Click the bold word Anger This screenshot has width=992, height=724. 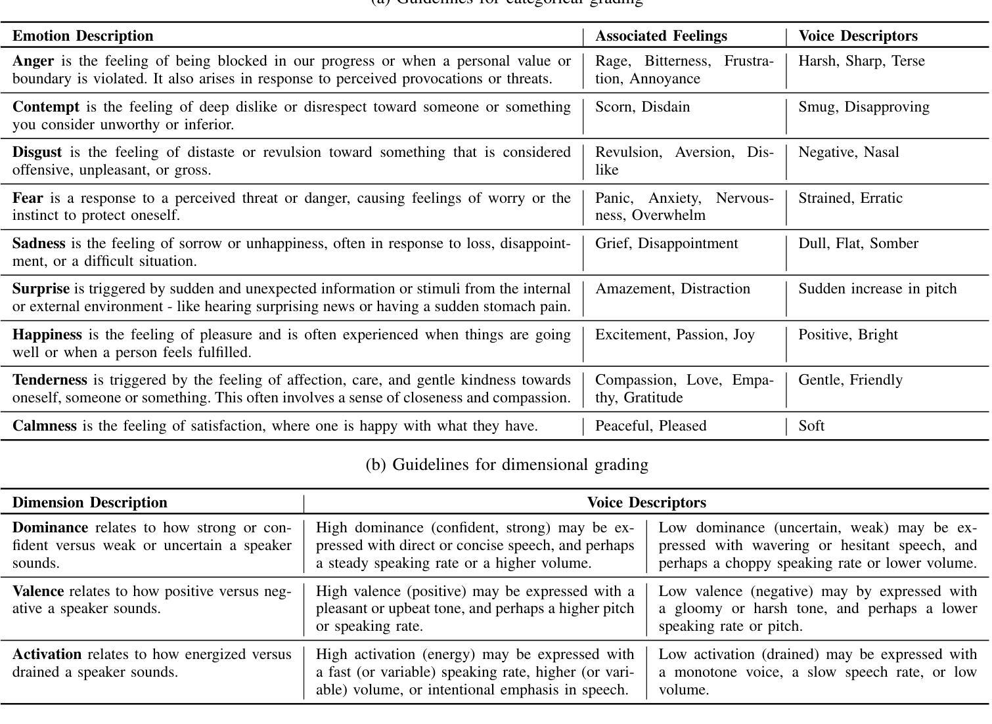[x=33, y=61]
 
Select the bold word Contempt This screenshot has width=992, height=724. [x=45, y=107]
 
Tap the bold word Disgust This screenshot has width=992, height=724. [x=37, y=152]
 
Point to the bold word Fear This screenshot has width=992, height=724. [x=28, y=198]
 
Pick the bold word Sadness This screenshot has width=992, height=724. [x=39, y=244]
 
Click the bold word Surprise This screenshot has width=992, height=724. [x=41, y=289]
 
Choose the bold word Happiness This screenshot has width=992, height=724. [x=47, y=335]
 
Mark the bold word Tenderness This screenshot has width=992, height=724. [x=50, y=380]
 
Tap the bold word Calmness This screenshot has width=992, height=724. [x=45, y=426]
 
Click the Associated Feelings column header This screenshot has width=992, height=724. [x=661, y=36]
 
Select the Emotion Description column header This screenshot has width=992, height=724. [x=83, y=36]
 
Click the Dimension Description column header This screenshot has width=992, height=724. [x=90, y=503]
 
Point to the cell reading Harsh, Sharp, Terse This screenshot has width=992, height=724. [x=861, y=61]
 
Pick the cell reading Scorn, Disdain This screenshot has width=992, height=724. [x=643, y=107]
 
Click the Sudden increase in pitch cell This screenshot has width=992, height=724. [x=877, y=289]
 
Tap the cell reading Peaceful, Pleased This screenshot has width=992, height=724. [x=650, y=426]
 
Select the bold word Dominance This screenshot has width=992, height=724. [x=50, y=528]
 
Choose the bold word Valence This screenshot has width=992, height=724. [x=38, y=591]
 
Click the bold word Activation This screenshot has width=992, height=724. [x=47, y=654]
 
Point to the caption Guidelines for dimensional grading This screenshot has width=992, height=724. [x=507, y=465]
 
